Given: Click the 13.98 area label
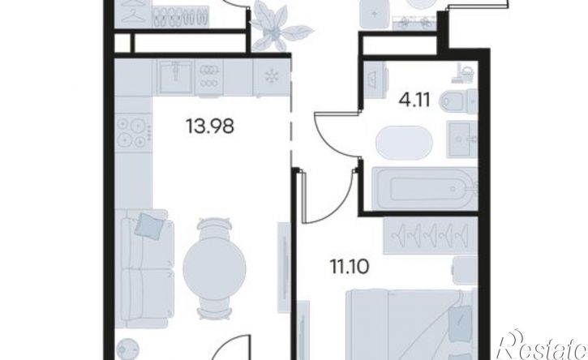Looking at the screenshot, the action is click(210, 126).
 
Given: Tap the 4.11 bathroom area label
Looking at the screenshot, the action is click(414, 100).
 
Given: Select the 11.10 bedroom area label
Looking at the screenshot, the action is click(350, 267).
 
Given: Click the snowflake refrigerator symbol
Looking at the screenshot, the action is click(270, 76).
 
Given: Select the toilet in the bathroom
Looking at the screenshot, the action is click(458, 101).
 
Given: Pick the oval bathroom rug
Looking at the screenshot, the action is click(404, 143).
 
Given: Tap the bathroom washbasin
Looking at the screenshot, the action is click(462, 139).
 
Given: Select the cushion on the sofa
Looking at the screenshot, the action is click(149, 225).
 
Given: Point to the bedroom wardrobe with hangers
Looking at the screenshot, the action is click(430, 235).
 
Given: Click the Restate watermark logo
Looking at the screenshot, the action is click(541, 345).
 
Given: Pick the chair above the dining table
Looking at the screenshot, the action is click(214, 228).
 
